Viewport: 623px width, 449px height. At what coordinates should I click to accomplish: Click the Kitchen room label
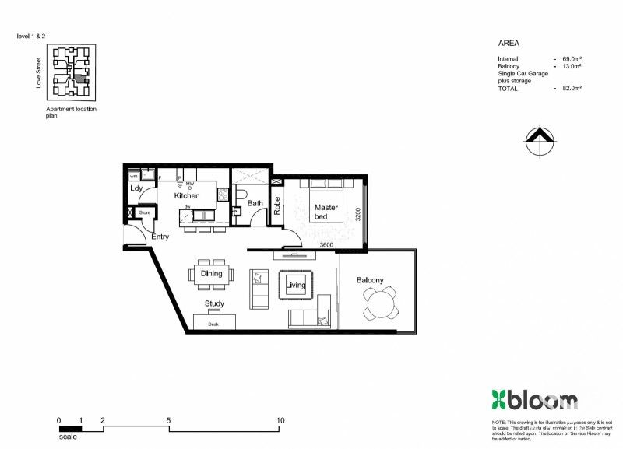(187, 196)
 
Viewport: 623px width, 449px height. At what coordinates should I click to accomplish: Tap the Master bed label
(326, 212)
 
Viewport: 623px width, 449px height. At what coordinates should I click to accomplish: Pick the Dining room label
(211, 273)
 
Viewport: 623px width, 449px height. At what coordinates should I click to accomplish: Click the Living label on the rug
(296, 286)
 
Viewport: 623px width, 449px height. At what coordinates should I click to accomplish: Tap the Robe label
(276, 205)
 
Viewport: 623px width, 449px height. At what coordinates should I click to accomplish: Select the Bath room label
(255, 204)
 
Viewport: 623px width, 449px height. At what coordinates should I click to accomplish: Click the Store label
(144, 212)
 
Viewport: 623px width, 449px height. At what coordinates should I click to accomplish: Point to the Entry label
(160, 237)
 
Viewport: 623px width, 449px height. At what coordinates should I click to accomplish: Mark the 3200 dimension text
(357, 214)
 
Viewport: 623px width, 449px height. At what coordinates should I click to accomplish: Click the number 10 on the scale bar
(280, 420)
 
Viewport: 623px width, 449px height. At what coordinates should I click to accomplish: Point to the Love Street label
(38, 72)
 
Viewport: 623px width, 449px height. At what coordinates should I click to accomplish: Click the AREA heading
(509, 44)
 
